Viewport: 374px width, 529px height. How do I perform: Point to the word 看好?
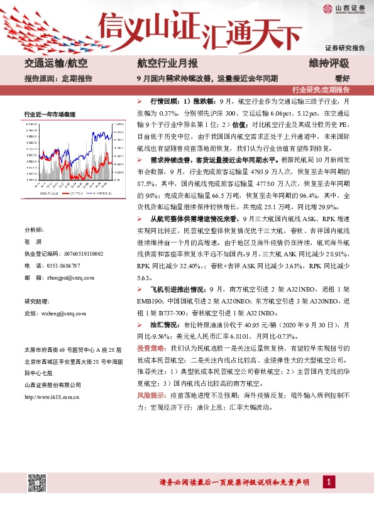342,78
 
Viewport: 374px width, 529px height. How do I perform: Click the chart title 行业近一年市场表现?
50,114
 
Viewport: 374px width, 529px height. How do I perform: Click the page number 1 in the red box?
327,482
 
